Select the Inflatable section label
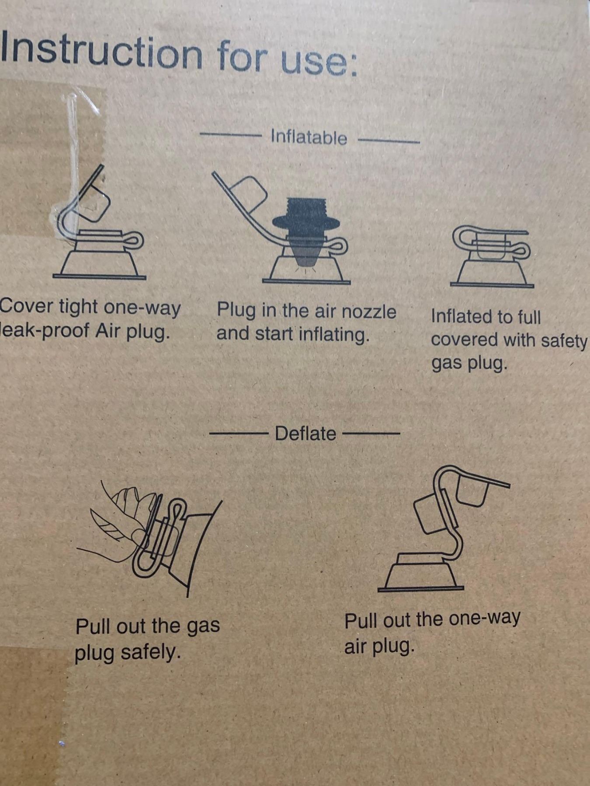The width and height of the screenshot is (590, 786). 309,137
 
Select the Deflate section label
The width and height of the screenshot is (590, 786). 305,434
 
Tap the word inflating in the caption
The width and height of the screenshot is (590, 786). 334,335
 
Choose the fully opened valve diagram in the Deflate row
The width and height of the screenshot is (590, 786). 444,528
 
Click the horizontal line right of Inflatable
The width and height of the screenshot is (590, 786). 389,141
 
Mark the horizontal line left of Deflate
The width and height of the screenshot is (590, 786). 239,434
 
